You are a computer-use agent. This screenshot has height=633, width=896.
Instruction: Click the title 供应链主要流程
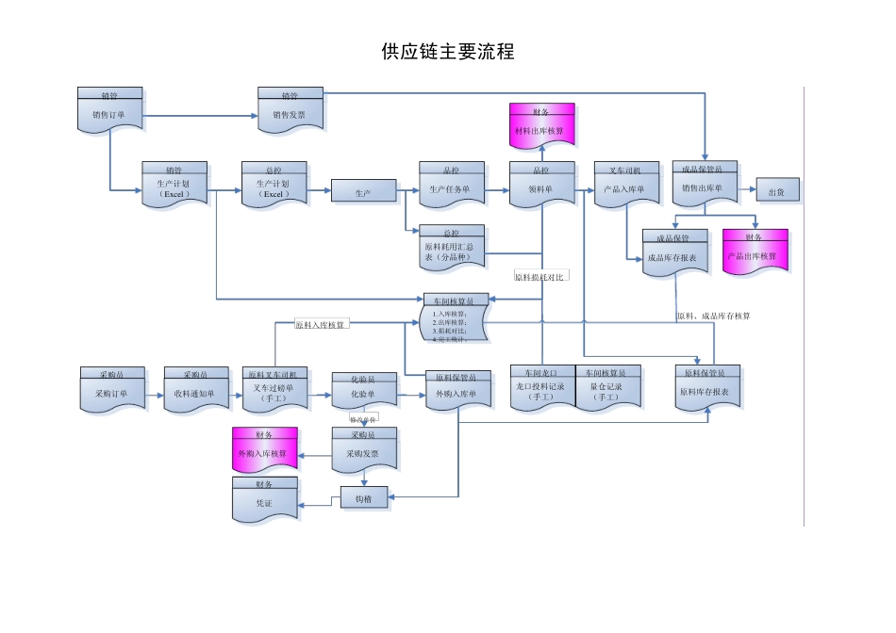point(448,52)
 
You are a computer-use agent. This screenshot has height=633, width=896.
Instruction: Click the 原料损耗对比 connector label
point(539,277)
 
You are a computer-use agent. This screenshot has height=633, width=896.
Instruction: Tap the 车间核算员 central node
point(454,319)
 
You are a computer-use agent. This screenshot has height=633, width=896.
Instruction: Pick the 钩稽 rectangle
point(364,497)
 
